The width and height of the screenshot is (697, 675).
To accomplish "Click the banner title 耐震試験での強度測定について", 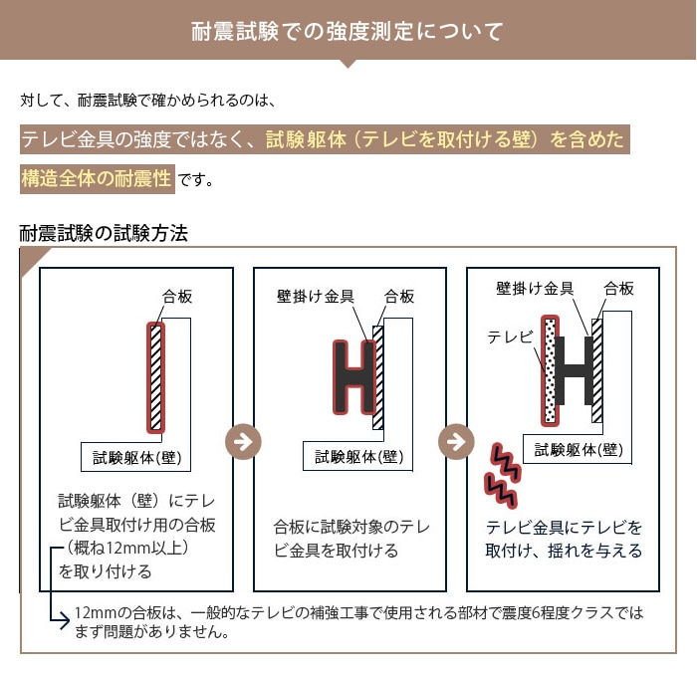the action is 348,32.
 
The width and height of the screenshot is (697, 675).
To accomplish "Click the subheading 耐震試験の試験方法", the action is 104,233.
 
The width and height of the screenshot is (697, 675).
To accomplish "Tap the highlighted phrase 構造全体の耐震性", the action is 97,178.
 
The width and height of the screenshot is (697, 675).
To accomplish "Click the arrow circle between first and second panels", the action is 243,442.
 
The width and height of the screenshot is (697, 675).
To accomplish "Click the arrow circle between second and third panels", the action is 456,442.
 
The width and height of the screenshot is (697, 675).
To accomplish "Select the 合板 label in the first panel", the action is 177,296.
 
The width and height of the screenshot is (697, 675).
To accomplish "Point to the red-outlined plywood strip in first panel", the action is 155,377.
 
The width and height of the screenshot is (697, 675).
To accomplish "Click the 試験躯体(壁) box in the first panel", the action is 136,457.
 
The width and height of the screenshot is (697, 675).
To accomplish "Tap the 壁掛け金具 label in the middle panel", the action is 316,296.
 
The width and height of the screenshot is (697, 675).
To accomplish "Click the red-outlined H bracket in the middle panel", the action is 354,377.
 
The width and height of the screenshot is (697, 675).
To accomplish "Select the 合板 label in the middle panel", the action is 398,296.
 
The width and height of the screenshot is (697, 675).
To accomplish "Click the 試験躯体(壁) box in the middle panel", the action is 358,456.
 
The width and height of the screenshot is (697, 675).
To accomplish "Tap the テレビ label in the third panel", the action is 510,337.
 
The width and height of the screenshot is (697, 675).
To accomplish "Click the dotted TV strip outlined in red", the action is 550,370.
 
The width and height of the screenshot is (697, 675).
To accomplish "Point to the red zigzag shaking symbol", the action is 502,476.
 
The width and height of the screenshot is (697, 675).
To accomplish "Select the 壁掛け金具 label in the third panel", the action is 535,289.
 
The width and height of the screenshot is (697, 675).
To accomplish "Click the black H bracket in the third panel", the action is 574,370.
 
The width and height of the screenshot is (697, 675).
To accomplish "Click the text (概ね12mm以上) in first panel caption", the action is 125,548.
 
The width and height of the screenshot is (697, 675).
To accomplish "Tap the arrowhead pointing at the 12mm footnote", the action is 66,621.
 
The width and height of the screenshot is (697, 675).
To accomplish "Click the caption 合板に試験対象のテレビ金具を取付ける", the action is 351,539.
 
